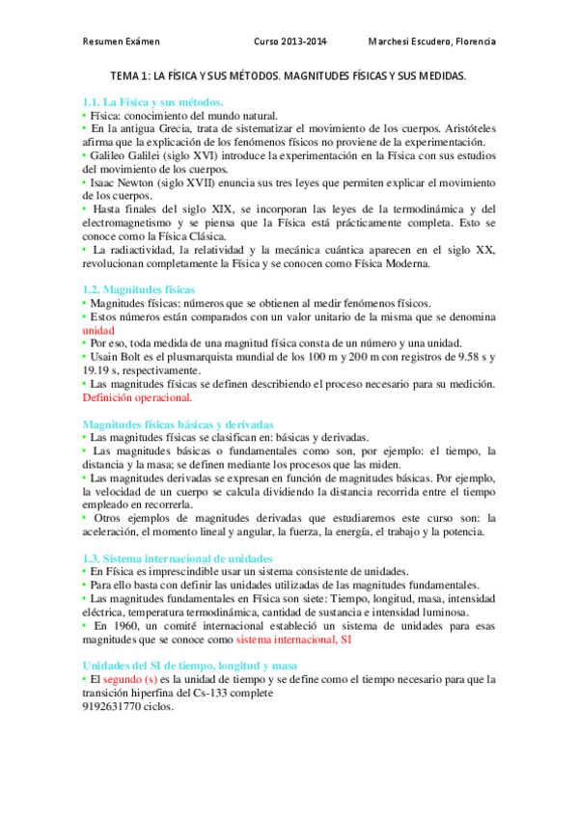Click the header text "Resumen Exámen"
coord(121,42)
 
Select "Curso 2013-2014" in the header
coord(289,42)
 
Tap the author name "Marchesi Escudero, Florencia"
coord(432,42)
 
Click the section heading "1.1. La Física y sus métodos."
coord(153,101)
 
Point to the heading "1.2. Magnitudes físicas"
coord(139,288)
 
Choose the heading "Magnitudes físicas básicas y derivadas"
coord(179,423)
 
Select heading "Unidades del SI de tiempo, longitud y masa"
coord(190,666)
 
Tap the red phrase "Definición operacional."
coord(137,396)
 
